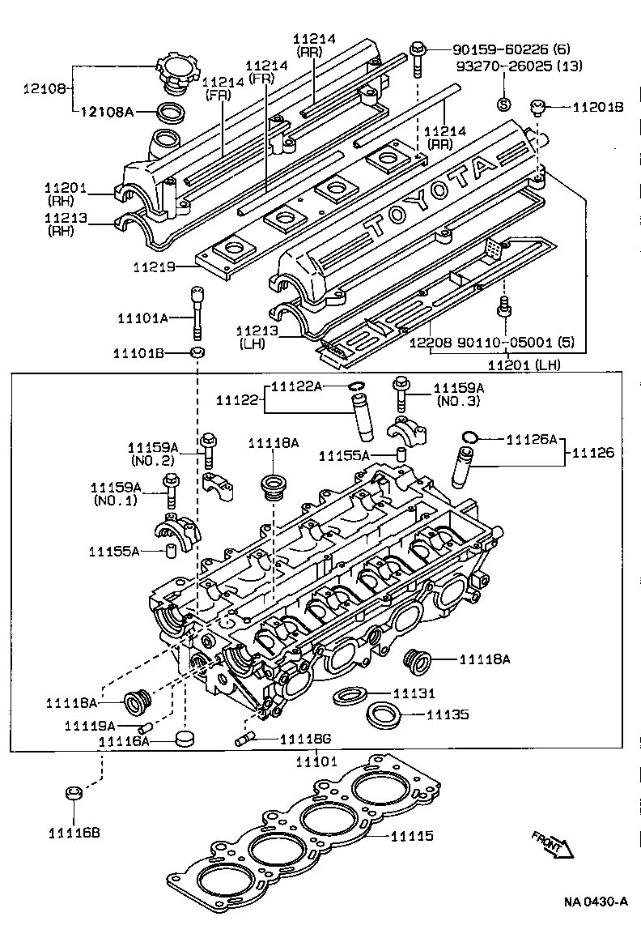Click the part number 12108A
click(106, 112)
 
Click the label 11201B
click(598, 107)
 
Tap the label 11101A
click(140, 318)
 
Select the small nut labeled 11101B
click(197, 353)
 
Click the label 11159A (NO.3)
click(458, 394)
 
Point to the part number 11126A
click(532, 440)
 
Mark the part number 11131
click(414, 693)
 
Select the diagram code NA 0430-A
click(596, 902)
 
